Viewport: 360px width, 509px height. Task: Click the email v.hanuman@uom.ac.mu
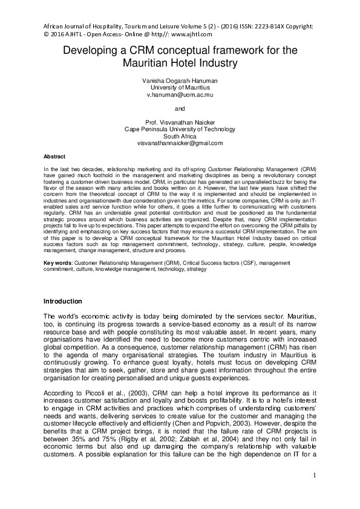tap(180, 96)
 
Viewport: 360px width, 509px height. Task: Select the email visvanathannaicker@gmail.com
tap(180, 143)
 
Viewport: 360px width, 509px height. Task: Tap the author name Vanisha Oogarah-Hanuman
tap(180, 81)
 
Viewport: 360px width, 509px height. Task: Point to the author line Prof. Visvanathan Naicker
tap(180, 122)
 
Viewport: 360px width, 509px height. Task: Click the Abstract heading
tap(55, 156)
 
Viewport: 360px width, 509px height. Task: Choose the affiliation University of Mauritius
tap(180, 88)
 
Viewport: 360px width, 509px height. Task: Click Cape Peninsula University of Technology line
tap(180, 129)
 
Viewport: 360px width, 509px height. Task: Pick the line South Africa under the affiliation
tap(180, 136)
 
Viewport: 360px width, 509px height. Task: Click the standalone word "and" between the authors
tap(180, 109)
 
